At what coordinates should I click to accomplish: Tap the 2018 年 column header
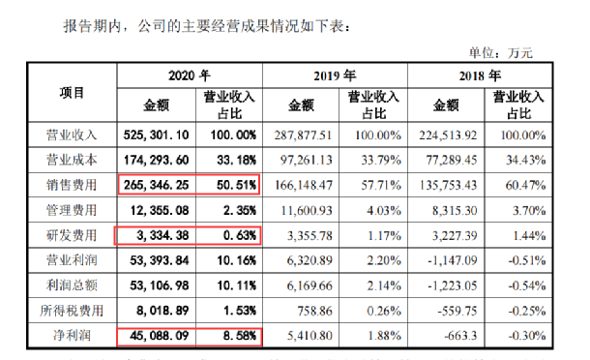(480, 75)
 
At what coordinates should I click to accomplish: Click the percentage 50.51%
(229, 185)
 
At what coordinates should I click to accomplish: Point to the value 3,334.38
(160, 235)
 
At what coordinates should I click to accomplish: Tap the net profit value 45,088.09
(159, 337)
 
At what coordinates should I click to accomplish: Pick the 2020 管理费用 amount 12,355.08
(159, 210)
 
